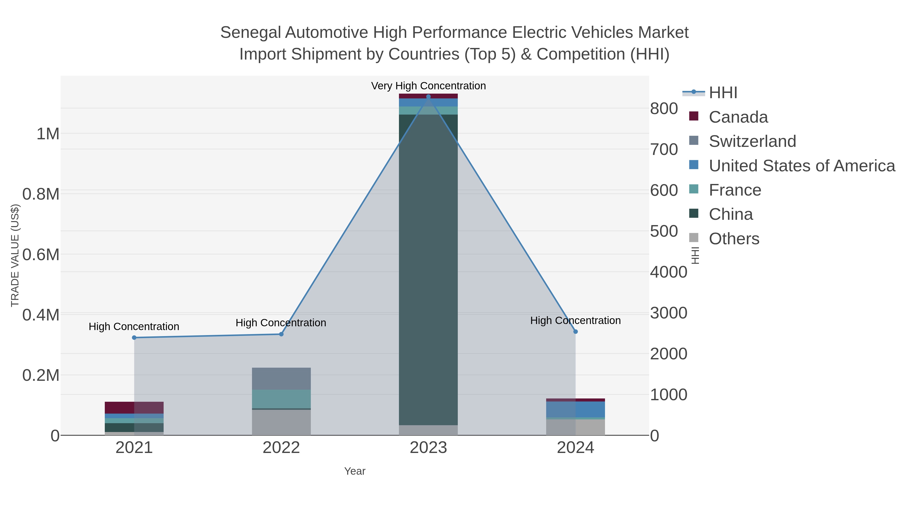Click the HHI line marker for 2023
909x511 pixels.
coord(428,97)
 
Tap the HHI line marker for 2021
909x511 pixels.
coord(134,337)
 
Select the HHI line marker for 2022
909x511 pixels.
coord(281,334)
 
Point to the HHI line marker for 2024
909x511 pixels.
coord(575,332)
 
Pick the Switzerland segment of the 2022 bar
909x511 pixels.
coord(281,379)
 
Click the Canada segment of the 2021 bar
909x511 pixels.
coord(134,407)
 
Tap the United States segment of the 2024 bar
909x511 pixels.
coord(575,409)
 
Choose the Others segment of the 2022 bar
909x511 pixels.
coord(281,422)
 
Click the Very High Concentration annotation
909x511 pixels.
coord(428,86)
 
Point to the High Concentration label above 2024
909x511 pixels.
coord(575,320)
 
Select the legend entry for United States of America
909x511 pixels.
coord(801,165)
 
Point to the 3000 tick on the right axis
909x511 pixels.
coord(668,313)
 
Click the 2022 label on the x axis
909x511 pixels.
coord(281,447)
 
